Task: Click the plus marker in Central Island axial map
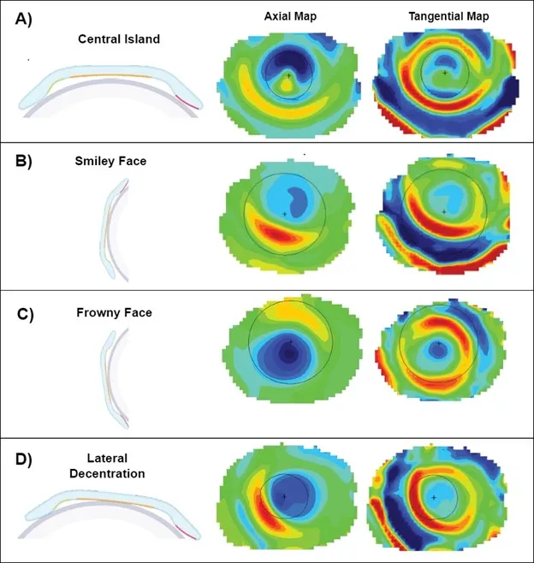[290, 76]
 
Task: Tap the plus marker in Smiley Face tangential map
[444, 210]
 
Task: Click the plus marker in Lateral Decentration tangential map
[434, 497]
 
